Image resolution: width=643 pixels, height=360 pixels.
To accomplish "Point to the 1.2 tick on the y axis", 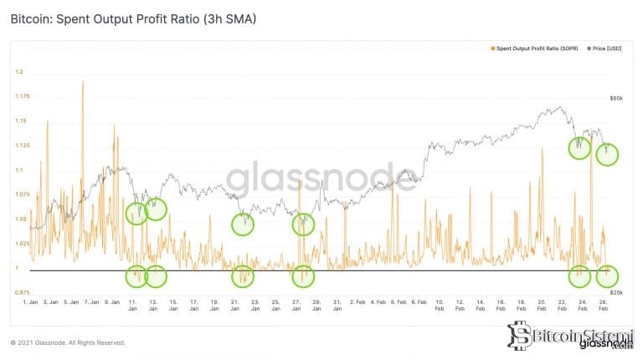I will [20, 72].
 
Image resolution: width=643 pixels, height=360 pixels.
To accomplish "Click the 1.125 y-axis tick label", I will [22, 146].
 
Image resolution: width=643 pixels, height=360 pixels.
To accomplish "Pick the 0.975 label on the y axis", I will [22, 293].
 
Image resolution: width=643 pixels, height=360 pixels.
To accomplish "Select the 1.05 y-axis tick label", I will [22, 219].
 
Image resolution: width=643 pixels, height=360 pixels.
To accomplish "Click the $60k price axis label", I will [615, 99].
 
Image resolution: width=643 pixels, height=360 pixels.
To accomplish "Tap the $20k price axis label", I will [615, 292].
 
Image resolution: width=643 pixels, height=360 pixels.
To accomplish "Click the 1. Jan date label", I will [32, 301].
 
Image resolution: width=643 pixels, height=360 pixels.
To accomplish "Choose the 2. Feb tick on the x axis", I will [357, 301].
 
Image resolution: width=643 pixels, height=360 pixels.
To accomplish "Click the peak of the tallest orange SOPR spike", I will [83, 81].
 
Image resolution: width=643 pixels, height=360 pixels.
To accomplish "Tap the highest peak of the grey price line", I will [558, 107].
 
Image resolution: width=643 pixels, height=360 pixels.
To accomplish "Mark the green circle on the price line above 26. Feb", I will [607, 154].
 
